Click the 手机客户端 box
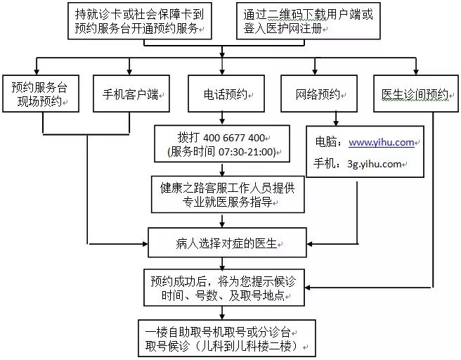click(131, 94)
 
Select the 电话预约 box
click(226, 94)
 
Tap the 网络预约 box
click(319, 94)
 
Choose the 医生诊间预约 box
click(416, 94)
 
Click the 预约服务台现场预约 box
click(41, 94)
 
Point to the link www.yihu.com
click(382, 143)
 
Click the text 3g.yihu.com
click(375, 164)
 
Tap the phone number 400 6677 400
click(234, 138)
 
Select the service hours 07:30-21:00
click(245, 152)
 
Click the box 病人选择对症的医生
click(227, 243)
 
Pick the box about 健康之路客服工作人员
click(228, 194)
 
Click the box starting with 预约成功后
click(224, 288)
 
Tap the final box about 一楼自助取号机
click(227, 338)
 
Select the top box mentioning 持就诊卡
click(140, 21)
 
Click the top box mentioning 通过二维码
click(309, 21)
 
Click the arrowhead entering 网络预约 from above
click(315, 72)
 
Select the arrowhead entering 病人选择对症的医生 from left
click(145, 244)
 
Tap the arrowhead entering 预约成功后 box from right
click(308, 288)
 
